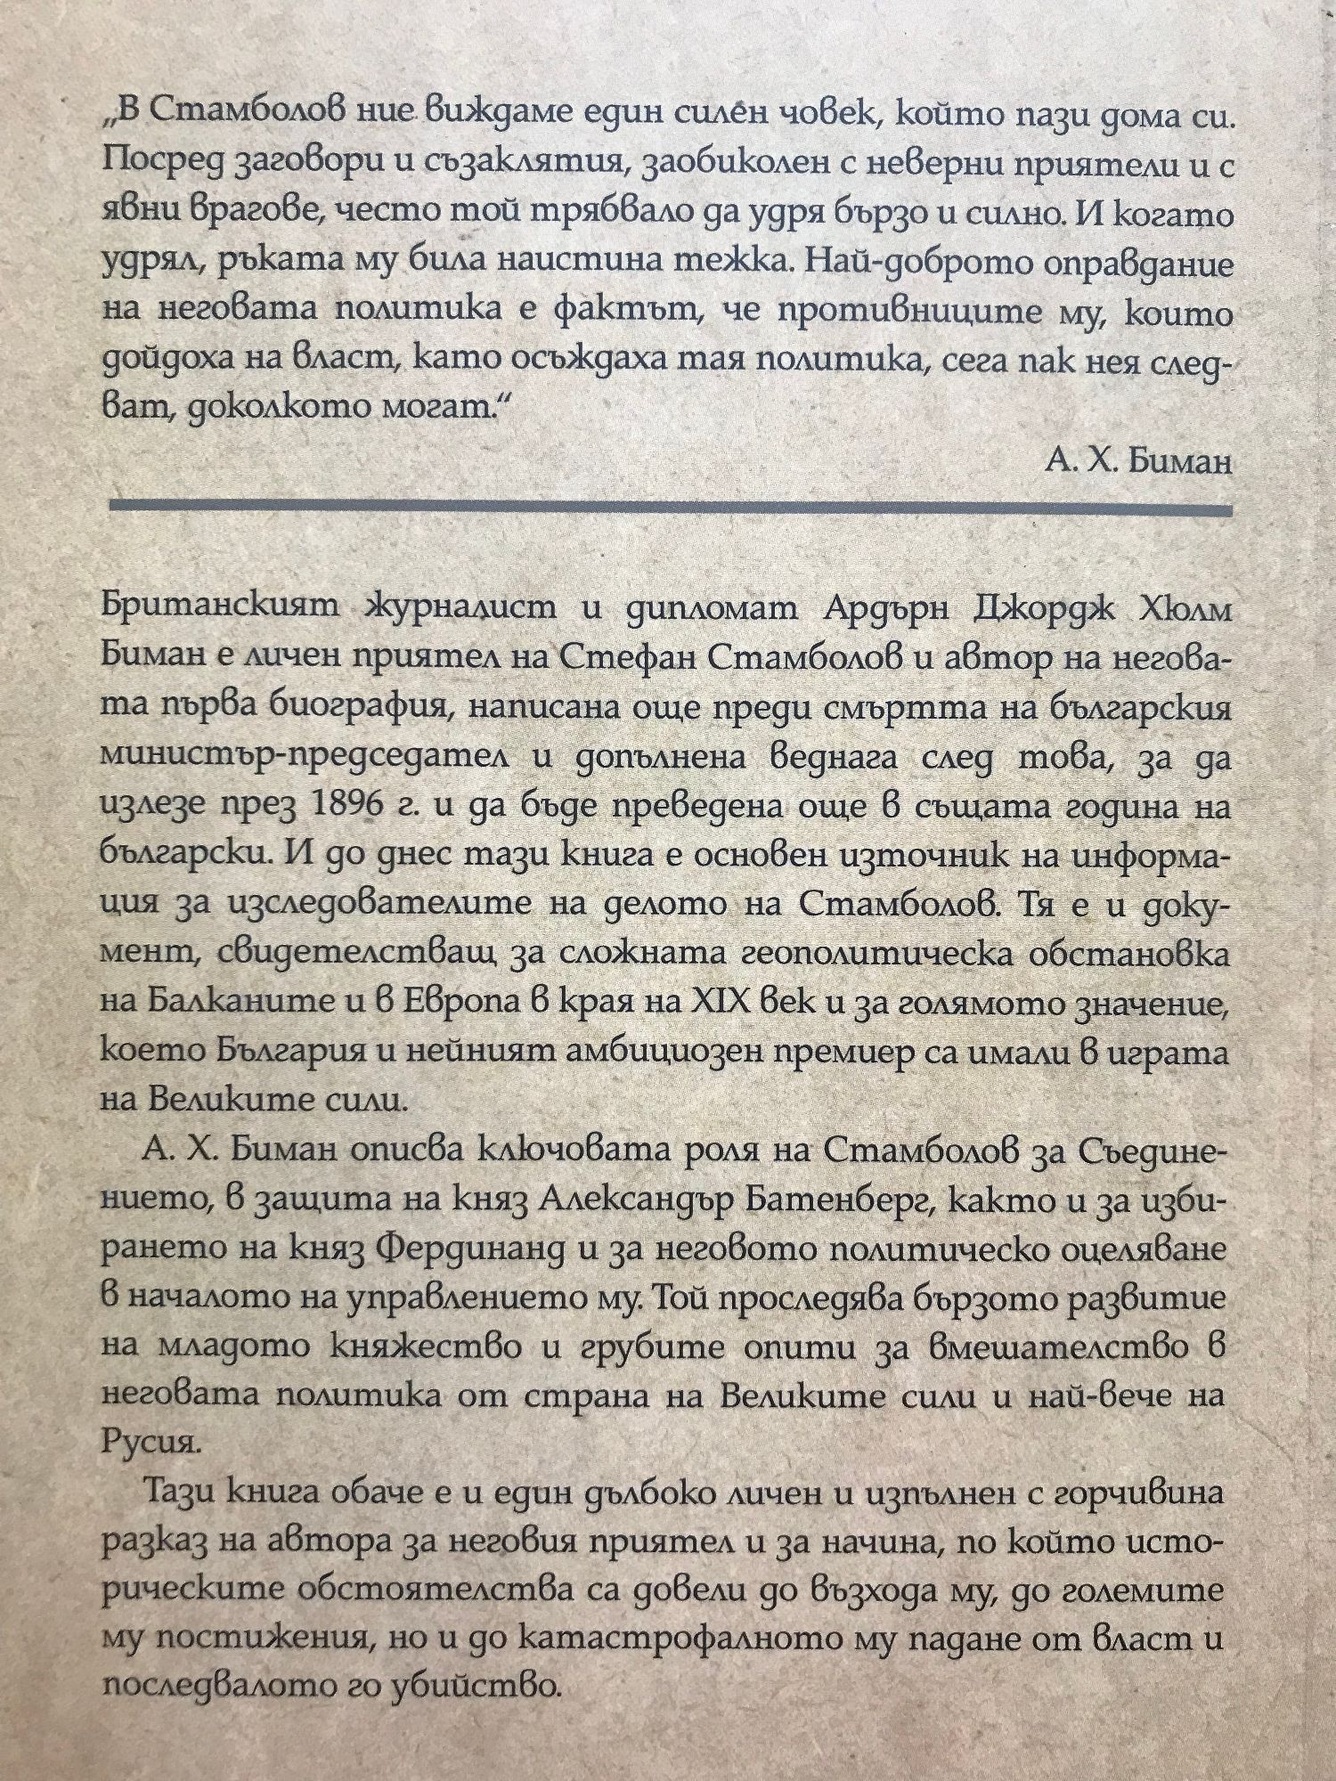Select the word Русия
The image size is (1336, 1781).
[147, 1444]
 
